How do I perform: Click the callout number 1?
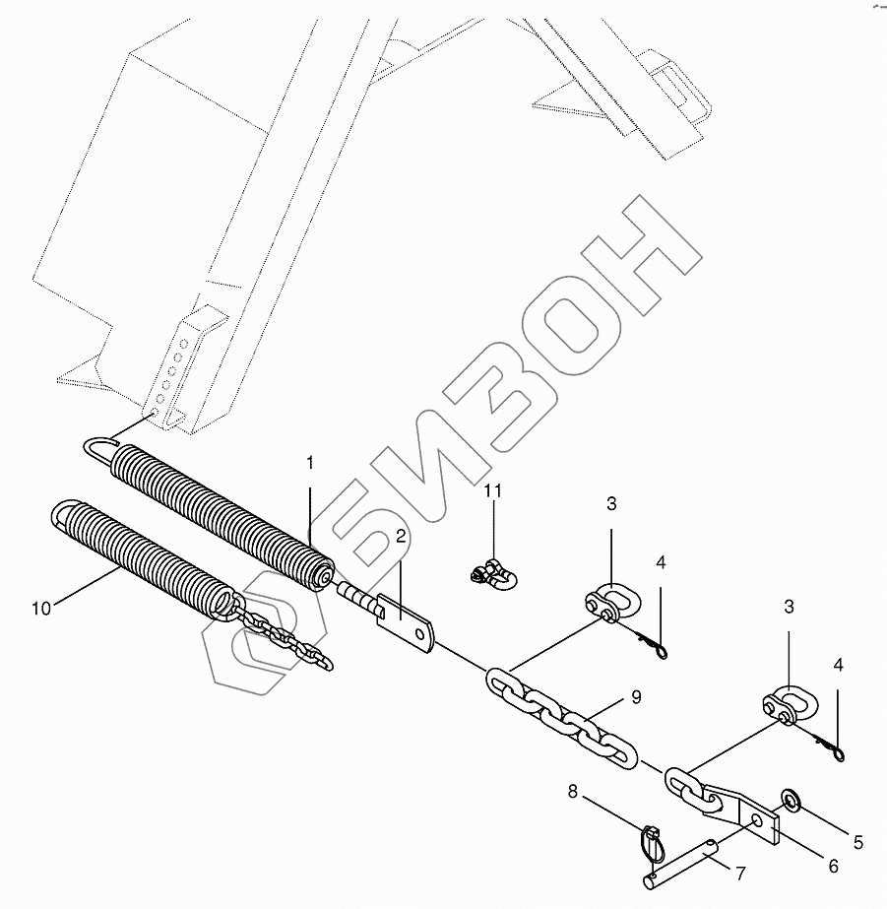pyautogui.click(x=309, y=462)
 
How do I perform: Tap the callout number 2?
pyautogui.click(x=401, y=537)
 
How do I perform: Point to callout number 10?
pyautogui.click(x=40, y=609)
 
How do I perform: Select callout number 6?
pyautogui.click(x=832, y=866)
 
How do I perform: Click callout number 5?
pyautogui.click(x=857, y=842)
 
